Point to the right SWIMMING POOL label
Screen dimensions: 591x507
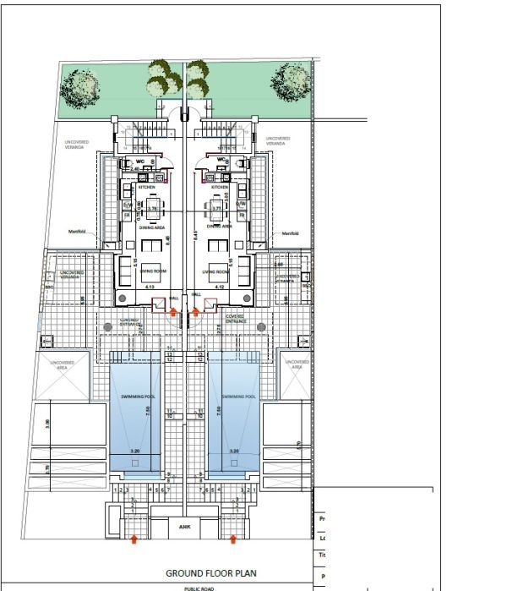[x=238, y=396]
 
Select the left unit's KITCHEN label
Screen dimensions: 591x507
[x=135, y=187]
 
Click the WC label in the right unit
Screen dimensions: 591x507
[x=221, y=160]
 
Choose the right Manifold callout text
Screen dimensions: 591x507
[x=291, y=233]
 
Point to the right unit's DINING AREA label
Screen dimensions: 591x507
[x=221, y=227]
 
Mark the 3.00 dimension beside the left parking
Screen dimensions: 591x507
[x=47, y=423]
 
